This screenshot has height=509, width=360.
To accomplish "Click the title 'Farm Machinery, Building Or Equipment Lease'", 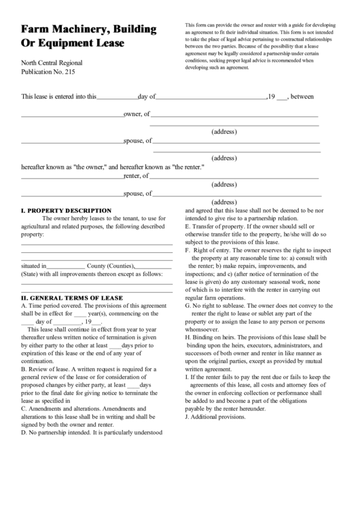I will (x=88, y=37).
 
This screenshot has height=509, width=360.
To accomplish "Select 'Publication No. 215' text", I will (x=48, y=71).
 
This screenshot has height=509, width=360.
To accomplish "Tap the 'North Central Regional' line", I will (x=52, y=63).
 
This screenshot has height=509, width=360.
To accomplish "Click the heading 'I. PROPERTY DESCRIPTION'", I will (x=66, y=211).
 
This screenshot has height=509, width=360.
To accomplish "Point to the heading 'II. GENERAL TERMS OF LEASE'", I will (x=72, y=298).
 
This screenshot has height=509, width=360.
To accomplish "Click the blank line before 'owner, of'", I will (x=72, y=114).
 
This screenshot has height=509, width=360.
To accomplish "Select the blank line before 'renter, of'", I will (x=72, y=176).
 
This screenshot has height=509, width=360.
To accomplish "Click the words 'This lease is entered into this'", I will (x=59, y=96).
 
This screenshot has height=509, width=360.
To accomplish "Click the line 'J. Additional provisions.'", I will (x=215, y=417).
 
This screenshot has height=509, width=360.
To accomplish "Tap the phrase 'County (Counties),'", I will (x=111, y=266).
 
